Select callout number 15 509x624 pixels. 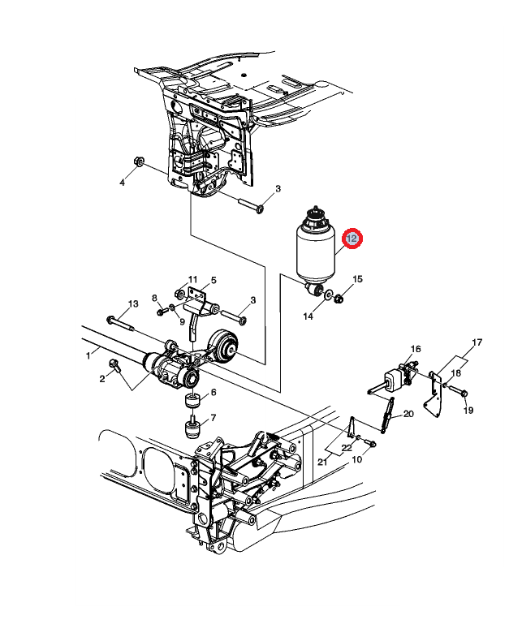[x=358, y=279]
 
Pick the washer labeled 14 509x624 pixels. [x=329, y=295]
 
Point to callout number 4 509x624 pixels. [x=123, y=183]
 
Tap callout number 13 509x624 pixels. [x=133, y=303]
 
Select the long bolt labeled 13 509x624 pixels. [x=121, y=323]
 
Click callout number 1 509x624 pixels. [x=88, y=355]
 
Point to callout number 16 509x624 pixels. [x=416, y=349]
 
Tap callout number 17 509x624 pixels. [x=477, y=342]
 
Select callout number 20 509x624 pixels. [x=408, y=414]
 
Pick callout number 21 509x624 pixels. [x=322, y=462]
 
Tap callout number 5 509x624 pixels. [x=214, y=280]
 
